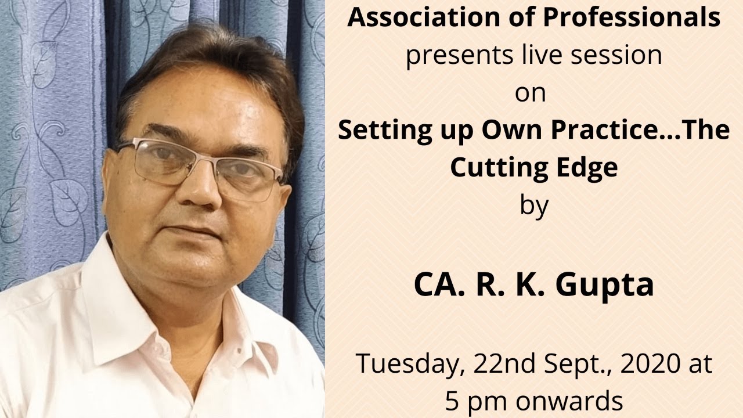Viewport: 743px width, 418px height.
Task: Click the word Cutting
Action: pyautogui.click(x=492, y=168)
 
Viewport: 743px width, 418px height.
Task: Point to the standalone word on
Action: pyautogui.click(x=530, y=93)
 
